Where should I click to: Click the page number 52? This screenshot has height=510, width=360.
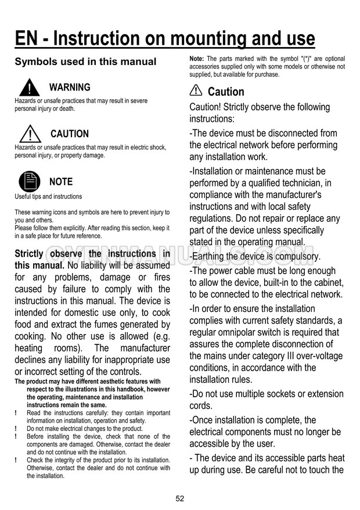179,498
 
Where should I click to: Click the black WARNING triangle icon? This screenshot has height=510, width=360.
28,87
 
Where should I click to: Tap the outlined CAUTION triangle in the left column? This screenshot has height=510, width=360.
28,134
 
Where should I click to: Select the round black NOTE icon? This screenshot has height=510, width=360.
29,182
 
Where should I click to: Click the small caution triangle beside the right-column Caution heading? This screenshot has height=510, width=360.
196,91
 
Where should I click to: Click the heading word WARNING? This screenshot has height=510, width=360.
70,88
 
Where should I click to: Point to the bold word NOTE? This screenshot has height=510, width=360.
61,182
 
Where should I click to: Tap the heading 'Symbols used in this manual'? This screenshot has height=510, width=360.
85,62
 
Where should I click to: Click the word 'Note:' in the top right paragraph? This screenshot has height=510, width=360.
197,59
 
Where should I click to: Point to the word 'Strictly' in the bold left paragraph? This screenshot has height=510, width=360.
28,254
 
